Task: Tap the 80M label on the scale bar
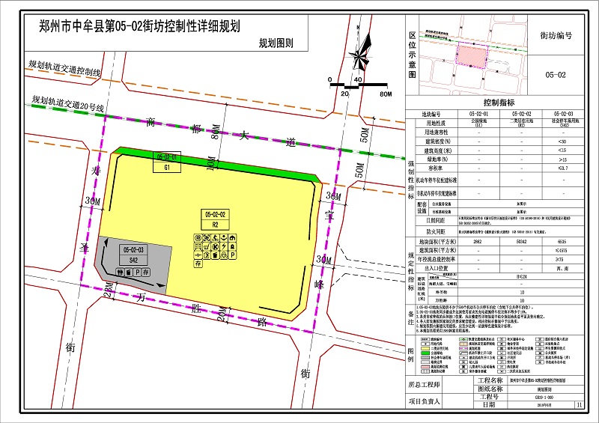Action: click(x=386, y=94)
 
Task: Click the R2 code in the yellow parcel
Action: click(x=214, y=223)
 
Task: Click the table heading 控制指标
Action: click(x=499, y=103)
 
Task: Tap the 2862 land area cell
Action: click(x=478, y=243)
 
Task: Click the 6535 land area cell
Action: click(x=563, y=243)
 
